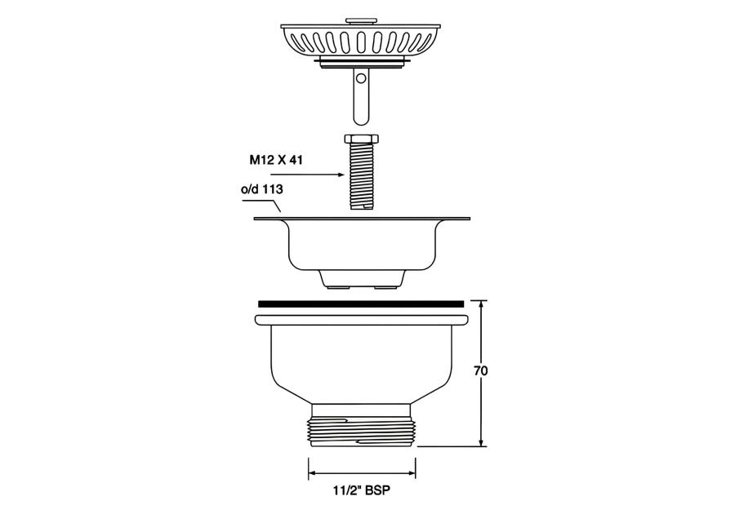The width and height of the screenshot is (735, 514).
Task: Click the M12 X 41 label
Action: [276, 160]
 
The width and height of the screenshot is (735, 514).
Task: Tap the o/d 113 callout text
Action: [262, 189]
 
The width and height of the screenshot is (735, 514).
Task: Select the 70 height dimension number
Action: [480, 370]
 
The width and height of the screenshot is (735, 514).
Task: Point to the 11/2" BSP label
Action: [362, 490]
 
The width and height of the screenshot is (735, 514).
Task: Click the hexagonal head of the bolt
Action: [362, 139]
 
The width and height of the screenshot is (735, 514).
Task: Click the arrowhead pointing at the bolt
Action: [341, 175]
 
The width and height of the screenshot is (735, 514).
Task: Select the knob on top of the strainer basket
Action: [361, 21]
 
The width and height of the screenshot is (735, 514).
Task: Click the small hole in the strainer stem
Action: [361, 79]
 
